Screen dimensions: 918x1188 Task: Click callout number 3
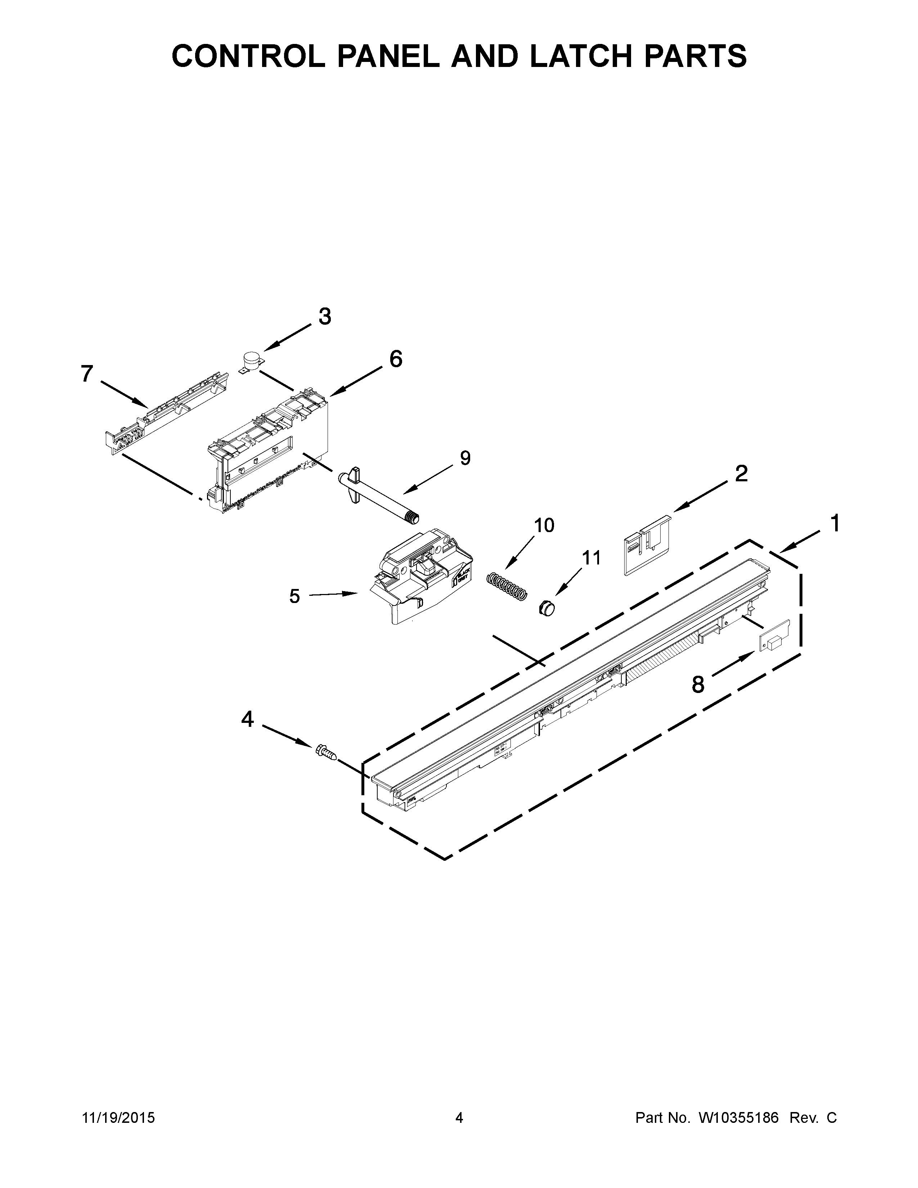pos(325,316)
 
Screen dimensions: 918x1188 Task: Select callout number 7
pos(87,374)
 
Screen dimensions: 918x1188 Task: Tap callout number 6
pos(396,359)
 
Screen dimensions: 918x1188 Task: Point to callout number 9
pos(465,458)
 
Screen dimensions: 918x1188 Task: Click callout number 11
pos(592,558)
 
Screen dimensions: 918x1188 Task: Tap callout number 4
pos(247,719)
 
